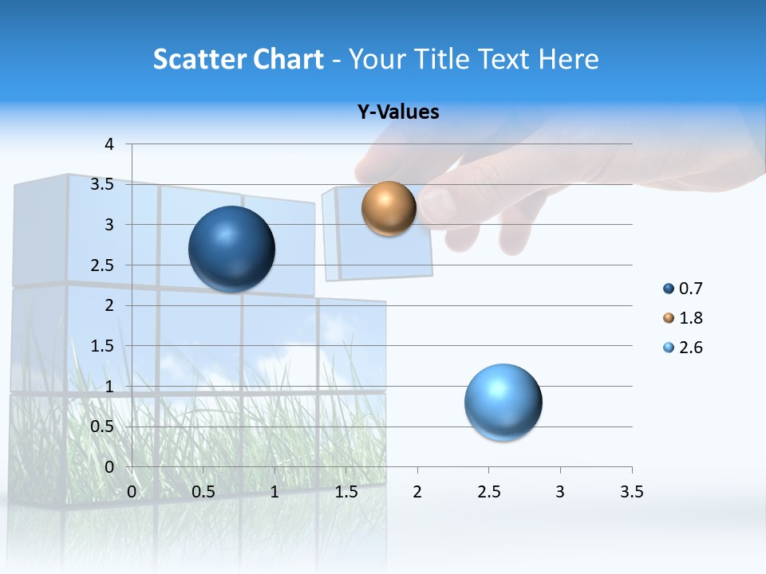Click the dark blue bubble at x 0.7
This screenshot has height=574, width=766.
232,249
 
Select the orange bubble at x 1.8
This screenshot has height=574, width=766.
389,208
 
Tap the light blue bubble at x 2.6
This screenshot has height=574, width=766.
503,402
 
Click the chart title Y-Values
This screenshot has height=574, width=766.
398,112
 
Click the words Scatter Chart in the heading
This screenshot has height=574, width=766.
238,59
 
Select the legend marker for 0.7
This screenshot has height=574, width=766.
669,289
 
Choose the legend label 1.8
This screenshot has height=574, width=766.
690,318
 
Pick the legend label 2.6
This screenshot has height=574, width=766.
690,348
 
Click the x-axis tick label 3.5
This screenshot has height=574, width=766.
631,492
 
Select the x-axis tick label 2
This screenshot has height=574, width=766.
417,492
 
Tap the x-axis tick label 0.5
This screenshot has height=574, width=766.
203,492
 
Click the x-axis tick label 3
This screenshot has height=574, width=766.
560,492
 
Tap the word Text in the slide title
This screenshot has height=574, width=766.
507,59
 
